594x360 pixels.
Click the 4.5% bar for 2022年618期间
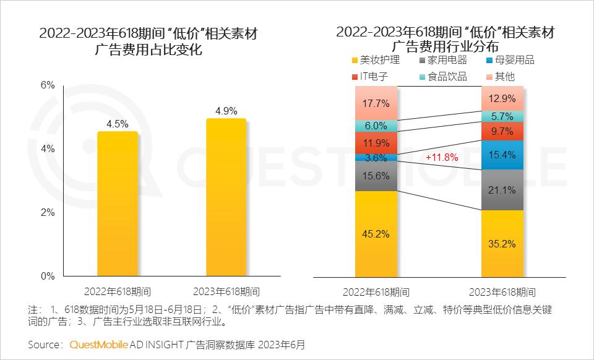118,204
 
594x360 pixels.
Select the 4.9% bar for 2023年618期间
226,198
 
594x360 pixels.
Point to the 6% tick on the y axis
48,85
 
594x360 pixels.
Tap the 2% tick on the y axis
48,213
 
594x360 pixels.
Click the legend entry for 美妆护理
375,60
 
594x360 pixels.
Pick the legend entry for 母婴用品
509,60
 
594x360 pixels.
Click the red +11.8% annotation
442,158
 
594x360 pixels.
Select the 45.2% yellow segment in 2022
377,234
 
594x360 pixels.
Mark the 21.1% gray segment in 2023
502,190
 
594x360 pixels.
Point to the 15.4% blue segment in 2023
502,155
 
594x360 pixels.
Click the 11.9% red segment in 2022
377,142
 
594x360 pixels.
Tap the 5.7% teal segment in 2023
502,116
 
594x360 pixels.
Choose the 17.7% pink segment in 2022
377,103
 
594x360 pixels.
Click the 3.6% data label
377,158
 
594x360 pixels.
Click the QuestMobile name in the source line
100,345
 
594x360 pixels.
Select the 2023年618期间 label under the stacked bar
502,292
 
